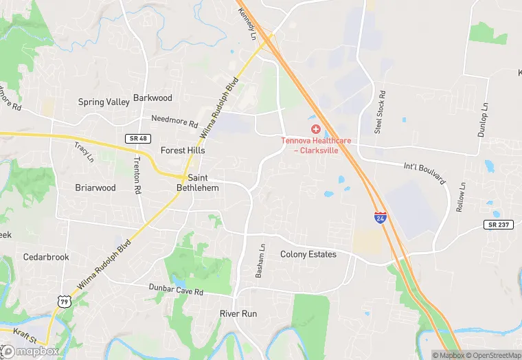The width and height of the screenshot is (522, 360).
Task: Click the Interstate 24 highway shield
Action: coord(380,216)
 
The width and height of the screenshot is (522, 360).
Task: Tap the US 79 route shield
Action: coord(64,301)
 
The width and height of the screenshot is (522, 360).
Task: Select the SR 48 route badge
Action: coord(136,139)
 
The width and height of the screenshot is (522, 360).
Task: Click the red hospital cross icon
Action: coord(316,128)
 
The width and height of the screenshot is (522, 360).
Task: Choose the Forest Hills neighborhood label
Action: coord(183,150)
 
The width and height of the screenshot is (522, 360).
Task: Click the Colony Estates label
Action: coord(308,254)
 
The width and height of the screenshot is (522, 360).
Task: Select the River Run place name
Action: coord(238,313)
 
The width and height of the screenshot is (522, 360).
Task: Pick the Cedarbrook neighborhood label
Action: coord(46,258)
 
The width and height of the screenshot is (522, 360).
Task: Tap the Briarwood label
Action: coord(95,187)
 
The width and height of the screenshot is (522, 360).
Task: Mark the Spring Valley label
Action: coord(104,102)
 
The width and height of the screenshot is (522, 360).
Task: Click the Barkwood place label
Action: coord(152,98)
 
